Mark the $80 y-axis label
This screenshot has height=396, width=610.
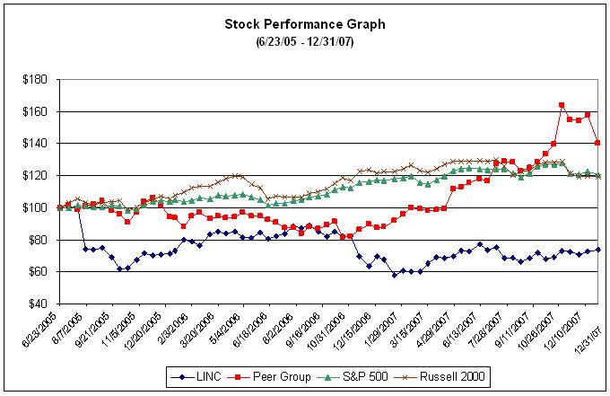[x=35, y=240]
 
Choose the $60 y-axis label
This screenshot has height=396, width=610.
[x=35, y=271]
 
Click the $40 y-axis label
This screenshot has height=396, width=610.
[x=35, y=304]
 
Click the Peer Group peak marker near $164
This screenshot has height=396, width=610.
[x=562, y=105]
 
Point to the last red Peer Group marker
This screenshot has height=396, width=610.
[x=597, y=143]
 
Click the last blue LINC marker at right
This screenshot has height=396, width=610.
[x=597, y=250]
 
